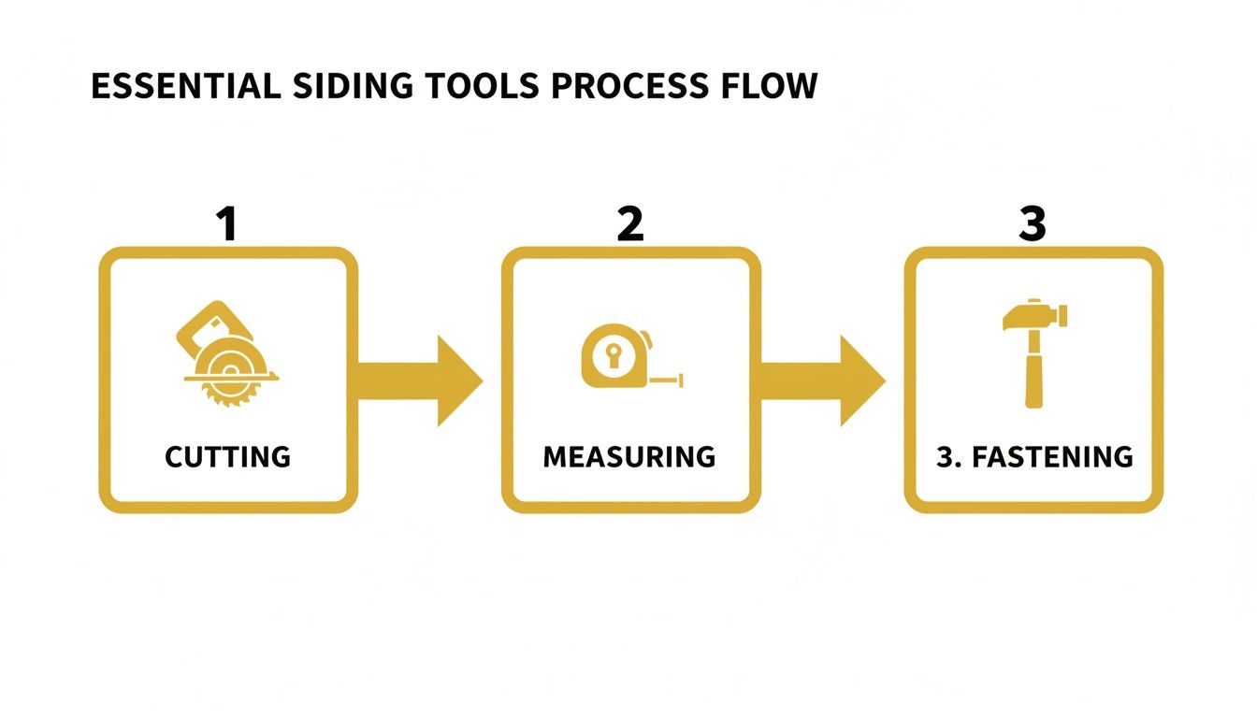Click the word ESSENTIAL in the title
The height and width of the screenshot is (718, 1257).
pos(186,86)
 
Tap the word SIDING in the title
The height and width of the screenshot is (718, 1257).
pos(353,86)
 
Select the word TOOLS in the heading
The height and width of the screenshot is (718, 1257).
pos(482,86)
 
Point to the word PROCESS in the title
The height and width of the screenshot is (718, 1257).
pos(630,86)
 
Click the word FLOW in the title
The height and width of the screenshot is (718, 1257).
pos(770,86)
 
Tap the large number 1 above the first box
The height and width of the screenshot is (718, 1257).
pos(227,223)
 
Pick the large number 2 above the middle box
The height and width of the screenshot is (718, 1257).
pos(630,223)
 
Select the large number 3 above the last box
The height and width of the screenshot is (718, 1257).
pos(1033,223)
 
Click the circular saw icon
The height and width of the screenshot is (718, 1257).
pos(228,353)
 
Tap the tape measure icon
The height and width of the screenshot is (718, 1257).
pos(632,355)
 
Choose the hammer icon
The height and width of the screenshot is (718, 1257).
pos(1034,353)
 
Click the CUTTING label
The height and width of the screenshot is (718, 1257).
pos(228,456)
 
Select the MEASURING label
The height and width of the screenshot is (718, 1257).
pos(629,456)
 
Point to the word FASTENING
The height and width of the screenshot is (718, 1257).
pos(1053,456)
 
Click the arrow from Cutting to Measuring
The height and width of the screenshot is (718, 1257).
pos(420,381)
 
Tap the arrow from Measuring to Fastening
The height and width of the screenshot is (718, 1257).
pos(823,381)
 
